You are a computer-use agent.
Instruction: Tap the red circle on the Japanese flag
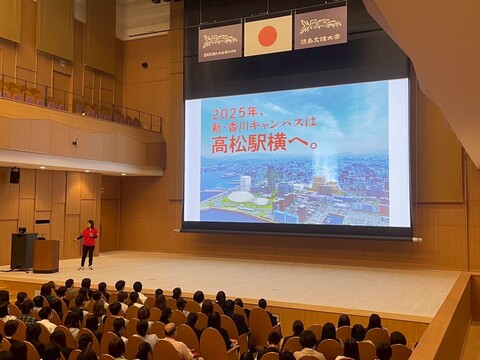point(267,36)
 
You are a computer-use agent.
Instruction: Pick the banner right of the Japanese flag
point(320,25)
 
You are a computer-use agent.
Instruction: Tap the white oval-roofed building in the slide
point(241,196)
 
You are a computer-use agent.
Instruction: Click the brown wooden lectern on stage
point(46,255)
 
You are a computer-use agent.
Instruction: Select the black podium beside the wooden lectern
point(23,250)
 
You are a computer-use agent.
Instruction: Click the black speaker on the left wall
point(14,175)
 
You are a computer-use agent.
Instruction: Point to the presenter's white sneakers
point(86,266)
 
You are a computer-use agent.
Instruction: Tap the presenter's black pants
point(87,255)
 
